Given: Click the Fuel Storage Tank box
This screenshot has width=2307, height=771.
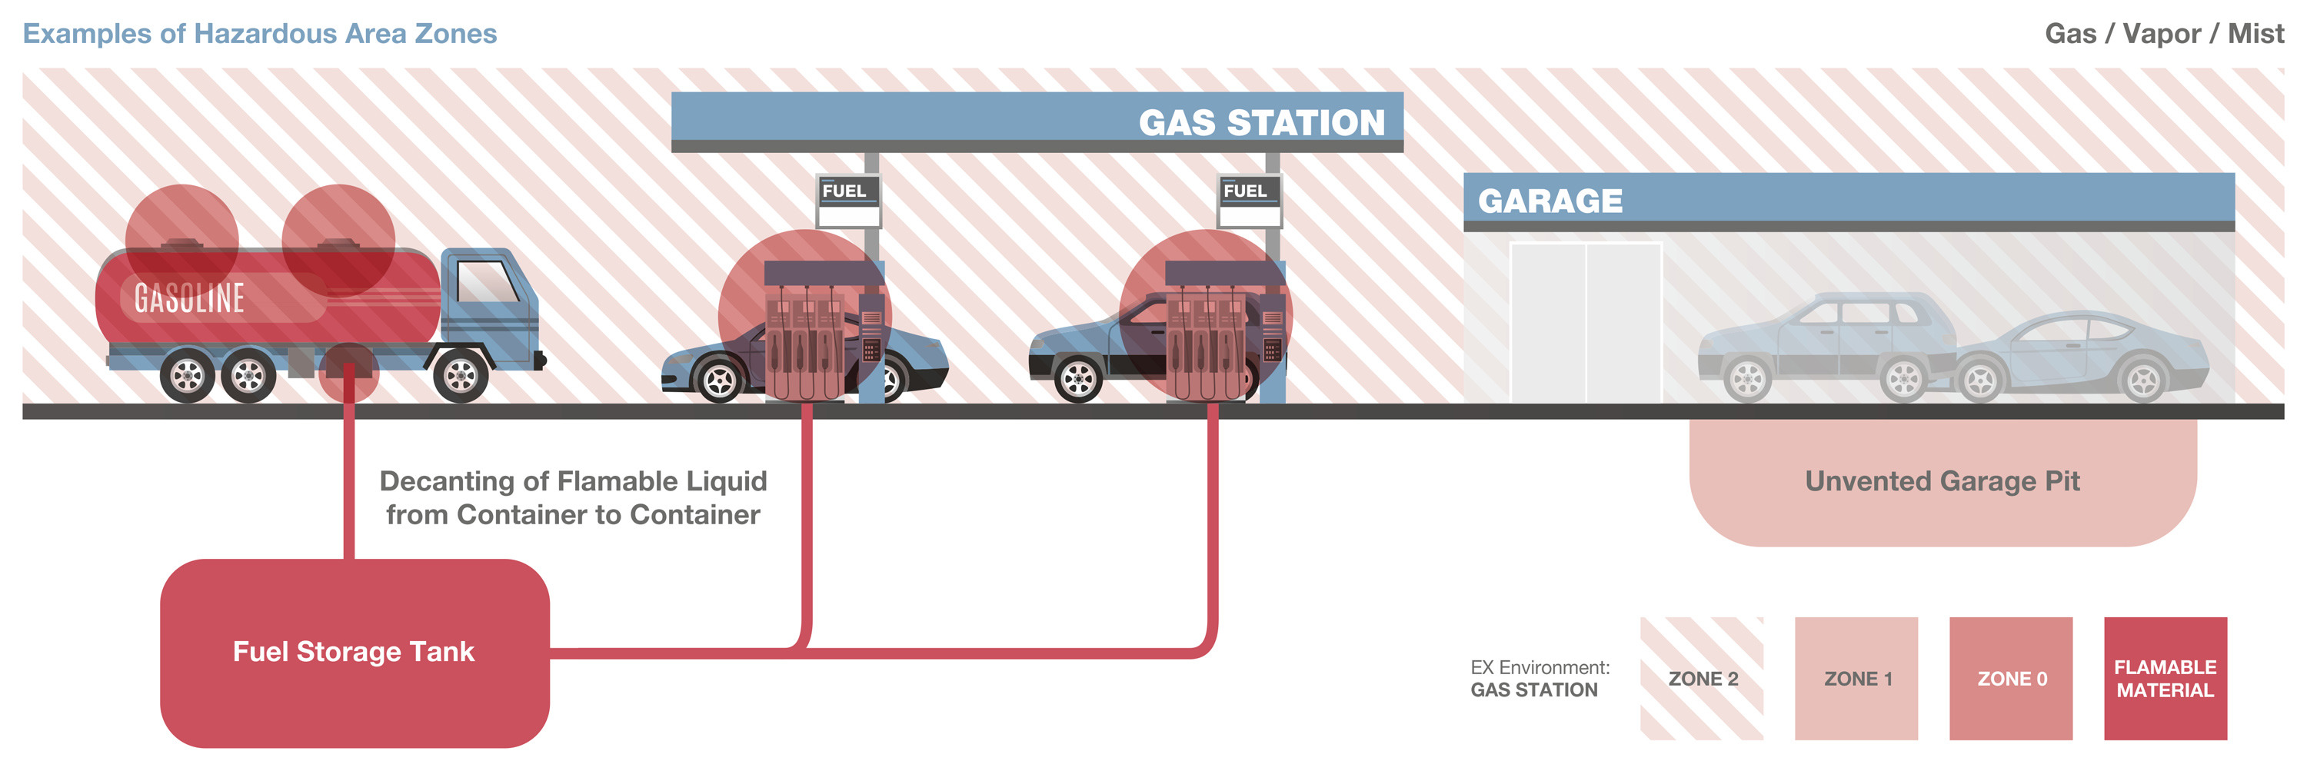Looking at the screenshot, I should (354, 652).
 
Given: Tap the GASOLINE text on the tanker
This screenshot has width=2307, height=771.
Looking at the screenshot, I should (189, 298).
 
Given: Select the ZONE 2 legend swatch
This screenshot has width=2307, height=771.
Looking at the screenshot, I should (1702, 678).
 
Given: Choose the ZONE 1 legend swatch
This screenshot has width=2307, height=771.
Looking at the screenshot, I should (1856, 678).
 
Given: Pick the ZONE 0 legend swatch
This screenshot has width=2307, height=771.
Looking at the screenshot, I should (2011, 678).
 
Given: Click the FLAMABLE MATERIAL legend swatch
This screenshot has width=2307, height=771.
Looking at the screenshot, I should (2165, 678).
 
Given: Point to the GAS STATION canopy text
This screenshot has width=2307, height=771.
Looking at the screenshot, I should (1261, 123).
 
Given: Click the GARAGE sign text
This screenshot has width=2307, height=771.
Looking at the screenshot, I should (1550, 201).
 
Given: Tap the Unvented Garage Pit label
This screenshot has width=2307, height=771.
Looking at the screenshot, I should (1942, 481).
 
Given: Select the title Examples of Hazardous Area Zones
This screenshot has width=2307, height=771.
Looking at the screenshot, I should (260, 34).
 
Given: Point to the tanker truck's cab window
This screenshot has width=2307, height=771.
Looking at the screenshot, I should (485, 282).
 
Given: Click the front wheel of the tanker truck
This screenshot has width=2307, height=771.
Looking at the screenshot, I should (461, 376).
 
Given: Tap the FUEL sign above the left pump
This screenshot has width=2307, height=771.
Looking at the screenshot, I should (844, 191).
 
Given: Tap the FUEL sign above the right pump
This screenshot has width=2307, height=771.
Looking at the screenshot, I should (1245, 191).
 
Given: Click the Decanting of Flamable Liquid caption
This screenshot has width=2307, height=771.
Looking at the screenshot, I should (573, 498).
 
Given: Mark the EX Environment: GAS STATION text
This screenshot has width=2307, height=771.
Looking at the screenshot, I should (1539, 679).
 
